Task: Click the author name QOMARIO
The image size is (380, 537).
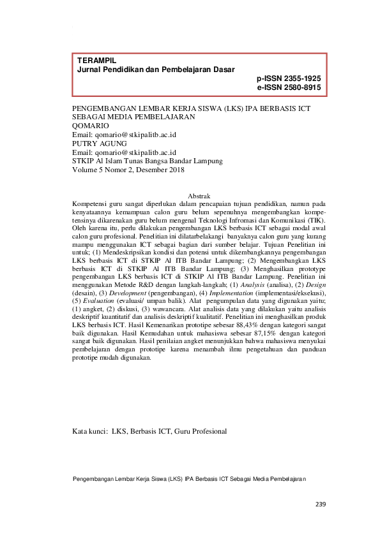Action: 91,126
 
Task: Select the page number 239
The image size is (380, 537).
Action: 321,505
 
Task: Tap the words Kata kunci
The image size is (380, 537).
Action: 89,431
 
